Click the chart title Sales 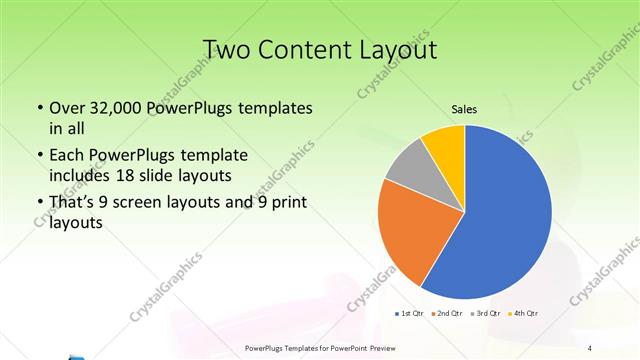point(464,109)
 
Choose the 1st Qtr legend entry point(410,314)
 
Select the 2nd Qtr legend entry point(446,314)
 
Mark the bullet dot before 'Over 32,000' point(38,108)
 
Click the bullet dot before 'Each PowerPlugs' point(38,156)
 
